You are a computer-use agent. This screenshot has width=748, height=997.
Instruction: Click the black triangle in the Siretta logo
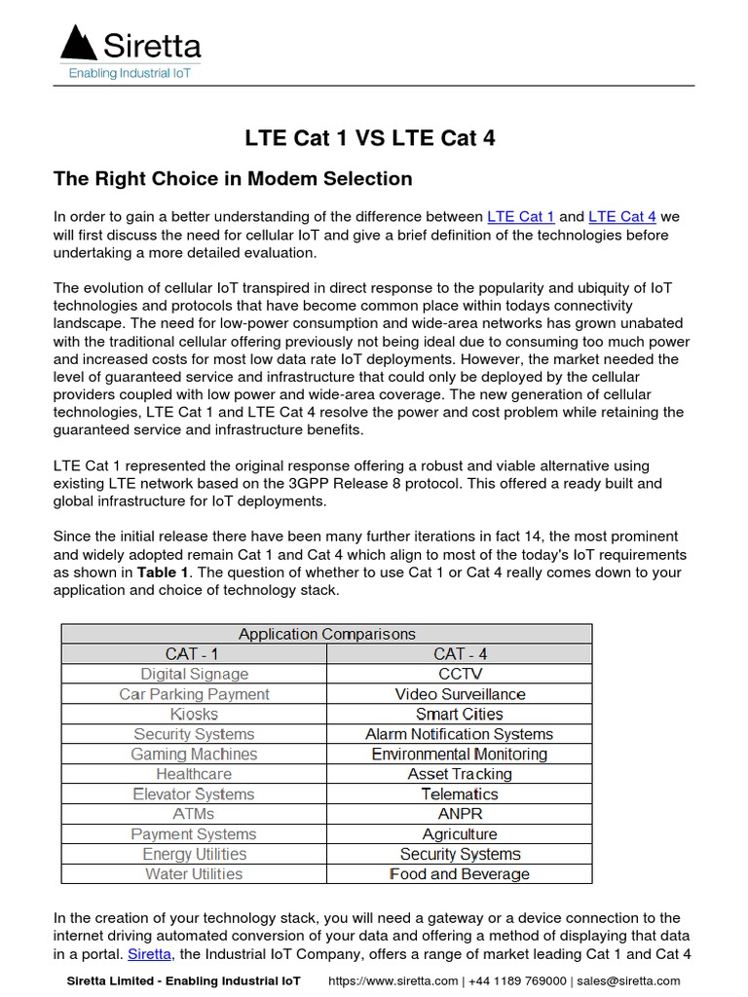pyautogui.click(x=79, y=44)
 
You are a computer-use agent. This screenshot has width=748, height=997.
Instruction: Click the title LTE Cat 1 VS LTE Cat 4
pyautogui.click(x=369, y=138)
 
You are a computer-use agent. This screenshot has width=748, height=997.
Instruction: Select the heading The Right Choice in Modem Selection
pyautogui.click(x=233, y=179)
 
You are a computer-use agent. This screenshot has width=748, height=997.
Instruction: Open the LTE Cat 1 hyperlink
pyautogui.click(x=520, y=216)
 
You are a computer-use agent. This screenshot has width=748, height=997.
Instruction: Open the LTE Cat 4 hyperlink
pyautogui.click(x=622, y=216)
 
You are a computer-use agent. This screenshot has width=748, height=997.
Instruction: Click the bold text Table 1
pyautogui.click(x=163, y=572)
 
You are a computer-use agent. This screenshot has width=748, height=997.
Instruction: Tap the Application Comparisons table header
pyautogui.click(x=326, y=634)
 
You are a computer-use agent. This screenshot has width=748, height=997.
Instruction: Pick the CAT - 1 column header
pyautogui.click(x=194, y=654)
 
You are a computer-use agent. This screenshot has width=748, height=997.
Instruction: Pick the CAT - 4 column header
pyautogui.click(x=459, y=654)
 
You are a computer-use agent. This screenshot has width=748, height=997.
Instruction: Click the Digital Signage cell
pyautogui.click(x=194, y=674)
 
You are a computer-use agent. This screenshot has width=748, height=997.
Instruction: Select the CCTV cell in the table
pyautogui.click(x=459, y=674)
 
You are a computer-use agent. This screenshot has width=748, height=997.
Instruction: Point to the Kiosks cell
pyautogui.click(x=194, y=714)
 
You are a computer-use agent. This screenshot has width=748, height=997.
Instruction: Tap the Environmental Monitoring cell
pyautogui.click(x=459, y=754)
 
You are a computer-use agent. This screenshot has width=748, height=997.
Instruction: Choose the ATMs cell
pyautogui.click(x=194, y=814)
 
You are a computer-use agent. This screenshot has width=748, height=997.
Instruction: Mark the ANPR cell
pyautogui.click(x=459, y=814)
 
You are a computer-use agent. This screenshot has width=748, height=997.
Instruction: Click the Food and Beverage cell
pyautogui.click(x=459, y=874)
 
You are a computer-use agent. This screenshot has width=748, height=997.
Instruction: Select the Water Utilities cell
pyautogui.click(x=194, y=874)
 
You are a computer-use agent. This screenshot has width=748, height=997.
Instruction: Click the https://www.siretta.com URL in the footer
pyautogui.click(x=393, y=981)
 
